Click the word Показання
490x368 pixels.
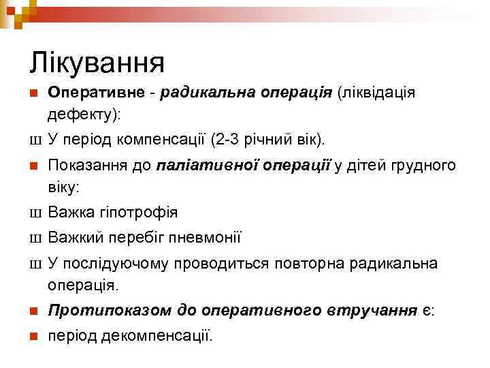(91, 166)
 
